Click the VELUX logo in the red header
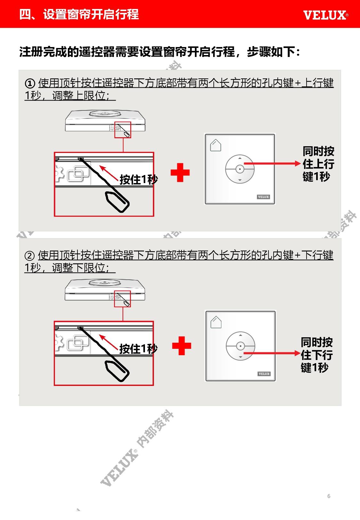pos(326,15)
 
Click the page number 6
pos(329,496)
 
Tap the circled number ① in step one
pos(30,83)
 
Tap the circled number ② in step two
pos(29,256)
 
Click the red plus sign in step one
pos(180,172)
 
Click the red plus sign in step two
pos(181,346)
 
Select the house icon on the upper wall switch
pos(215,145)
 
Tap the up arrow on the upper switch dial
pos(240,158)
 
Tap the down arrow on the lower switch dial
pos(240,357)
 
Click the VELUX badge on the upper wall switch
pos(263,197)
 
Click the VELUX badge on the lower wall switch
pos(264,374)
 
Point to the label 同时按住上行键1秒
pos(318,164)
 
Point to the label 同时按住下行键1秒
pos(316,355)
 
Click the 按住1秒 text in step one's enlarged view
pos(139,180)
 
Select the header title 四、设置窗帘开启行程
pos(79,14)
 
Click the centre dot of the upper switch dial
pos(240,169)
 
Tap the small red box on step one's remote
pos(123,130)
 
